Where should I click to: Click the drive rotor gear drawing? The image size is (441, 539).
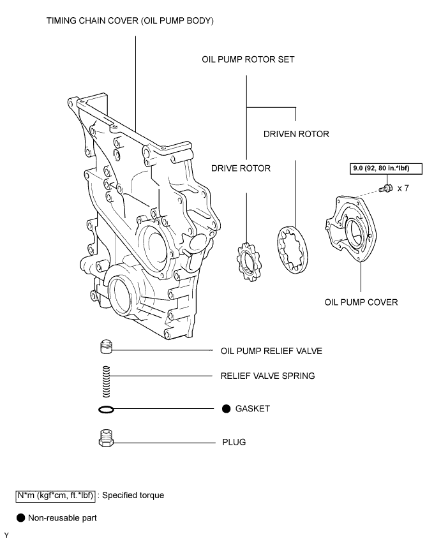point(249,262)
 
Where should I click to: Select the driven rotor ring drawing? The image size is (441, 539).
point(292,250)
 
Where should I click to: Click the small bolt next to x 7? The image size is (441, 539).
point(385,188)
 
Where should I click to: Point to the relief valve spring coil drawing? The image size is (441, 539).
point(107,381)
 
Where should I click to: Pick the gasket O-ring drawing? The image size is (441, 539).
point(106,409)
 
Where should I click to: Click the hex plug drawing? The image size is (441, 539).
point(106,438)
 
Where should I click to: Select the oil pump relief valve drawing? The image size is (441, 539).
point(107,347)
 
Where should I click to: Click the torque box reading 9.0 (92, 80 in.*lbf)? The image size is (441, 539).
point(386,169)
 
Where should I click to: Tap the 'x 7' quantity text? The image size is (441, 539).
point(403,188)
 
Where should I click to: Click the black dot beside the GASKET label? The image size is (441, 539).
point(226,408)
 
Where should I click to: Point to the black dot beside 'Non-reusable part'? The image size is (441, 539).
point(20,518)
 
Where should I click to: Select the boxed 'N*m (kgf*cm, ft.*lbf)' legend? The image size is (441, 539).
point(56,496)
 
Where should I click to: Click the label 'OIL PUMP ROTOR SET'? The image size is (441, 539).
point(248,59)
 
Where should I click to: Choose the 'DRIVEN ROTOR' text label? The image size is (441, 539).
point(296,134)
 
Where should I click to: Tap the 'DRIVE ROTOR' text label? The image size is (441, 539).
point(241,168)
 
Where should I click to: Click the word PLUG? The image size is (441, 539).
point(234,442)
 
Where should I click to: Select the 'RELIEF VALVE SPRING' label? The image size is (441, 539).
point(267,376)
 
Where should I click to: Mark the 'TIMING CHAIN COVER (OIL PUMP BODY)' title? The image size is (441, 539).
point(130,21)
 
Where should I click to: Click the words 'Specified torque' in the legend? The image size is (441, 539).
point(133,496)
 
